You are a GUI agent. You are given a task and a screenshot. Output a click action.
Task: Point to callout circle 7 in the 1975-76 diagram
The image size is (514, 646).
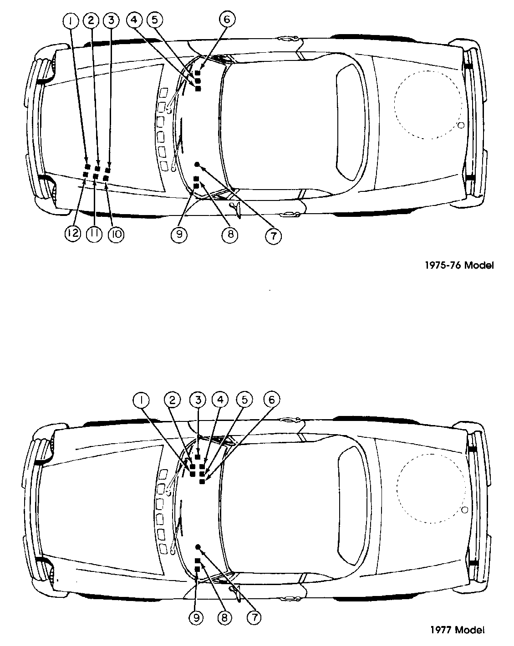point(274,236)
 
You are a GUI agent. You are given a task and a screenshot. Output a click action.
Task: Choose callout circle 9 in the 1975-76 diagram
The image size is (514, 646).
point(179,234)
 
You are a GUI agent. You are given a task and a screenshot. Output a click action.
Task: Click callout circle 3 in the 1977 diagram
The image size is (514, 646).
point(198,400)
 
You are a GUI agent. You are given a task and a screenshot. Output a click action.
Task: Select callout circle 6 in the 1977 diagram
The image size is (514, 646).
point(272,400)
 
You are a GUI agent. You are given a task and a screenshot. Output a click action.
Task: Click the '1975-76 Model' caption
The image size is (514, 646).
point(458,265)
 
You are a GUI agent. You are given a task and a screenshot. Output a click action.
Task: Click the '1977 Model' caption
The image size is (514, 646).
point(457,630)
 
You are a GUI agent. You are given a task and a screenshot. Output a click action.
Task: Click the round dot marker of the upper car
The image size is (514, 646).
point(197,164)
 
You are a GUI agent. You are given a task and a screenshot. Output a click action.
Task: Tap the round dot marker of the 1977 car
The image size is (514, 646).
point(198,546)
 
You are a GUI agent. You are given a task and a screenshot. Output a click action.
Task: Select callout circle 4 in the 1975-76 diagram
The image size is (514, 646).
point(134,20)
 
